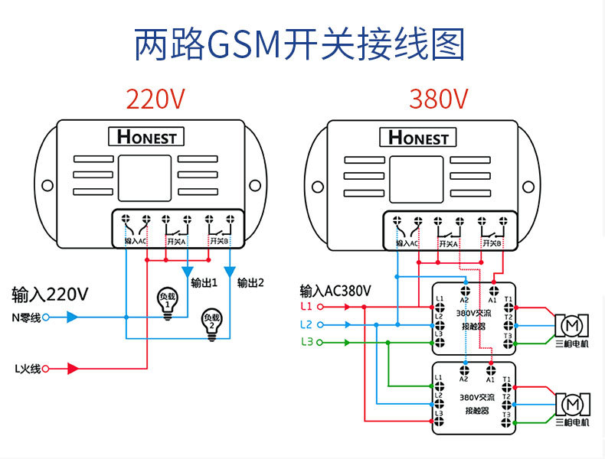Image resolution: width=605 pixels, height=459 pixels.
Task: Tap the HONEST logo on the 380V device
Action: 418,137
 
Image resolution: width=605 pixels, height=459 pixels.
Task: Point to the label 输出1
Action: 204,282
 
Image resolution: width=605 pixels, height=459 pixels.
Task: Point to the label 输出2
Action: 250,282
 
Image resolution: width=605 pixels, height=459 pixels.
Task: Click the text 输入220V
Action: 50,295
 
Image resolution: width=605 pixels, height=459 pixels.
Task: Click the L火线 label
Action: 27,369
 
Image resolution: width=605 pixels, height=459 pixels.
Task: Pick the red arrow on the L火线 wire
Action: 73,369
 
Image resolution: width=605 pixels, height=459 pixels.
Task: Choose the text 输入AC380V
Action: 335,291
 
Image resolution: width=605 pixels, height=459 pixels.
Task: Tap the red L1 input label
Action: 306,307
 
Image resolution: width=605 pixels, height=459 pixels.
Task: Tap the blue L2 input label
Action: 306,324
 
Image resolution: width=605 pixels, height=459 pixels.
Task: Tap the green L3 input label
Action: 306,342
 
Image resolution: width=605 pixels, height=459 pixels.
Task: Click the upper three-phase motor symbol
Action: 570,326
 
